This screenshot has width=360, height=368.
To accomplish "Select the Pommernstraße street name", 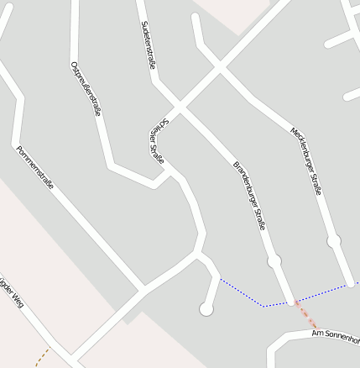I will (x=34, y=166).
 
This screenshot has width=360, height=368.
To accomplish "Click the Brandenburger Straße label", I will (x=249, y=194).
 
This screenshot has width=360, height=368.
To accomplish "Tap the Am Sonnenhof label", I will (x=335, y=336).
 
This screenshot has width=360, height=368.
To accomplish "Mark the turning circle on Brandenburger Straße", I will (x=274, y=261).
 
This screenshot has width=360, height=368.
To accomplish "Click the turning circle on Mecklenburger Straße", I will (x=334, y=241).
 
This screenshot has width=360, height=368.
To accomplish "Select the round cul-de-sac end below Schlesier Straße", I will (x=206, y=310).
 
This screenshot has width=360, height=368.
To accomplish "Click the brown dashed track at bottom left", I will (x=43, y=358).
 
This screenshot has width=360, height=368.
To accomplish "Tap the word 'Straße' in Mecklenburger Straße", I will (x=314, y=179).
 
